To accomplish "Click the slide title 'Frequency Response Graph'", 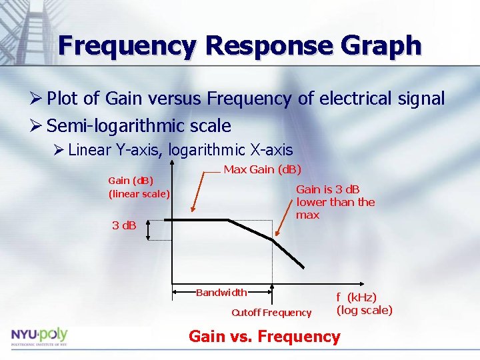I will (240, 46).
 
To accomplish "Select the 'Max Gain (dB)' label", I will (262, 169).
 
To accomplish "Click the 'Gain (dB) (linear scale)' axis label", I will (139, 187).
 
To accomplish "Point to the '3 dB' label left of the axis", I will (124, 225).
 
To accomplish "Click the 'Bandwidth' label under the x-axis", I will (221, 292).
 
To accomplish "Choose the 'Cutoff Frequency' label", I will (271, 313).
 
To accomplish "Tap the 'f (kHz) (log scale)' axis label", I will (364, 303).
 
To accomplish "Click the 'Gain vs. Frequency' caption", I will (265, 337).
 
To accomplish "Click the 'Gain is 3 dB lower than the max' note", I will (335, 202).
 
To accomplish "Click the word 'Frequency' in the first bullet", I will (249, 99).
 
